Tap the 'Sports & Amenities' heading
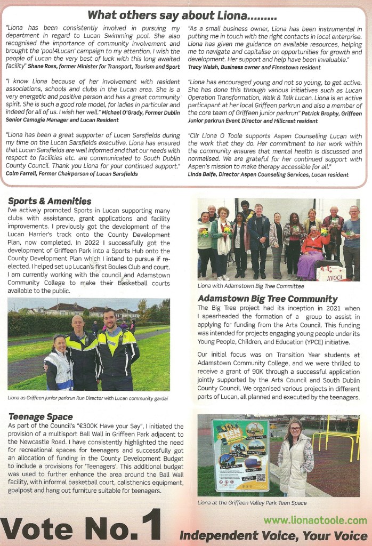(x=50, y=201)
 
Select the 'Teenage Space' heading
(x=41, y=416)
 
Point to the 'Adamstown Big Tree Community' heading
(x=267, y=299)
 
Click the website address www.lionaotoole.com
(x=316, y=520)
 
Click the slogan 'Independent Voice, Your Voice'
(x=273, y=535)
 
